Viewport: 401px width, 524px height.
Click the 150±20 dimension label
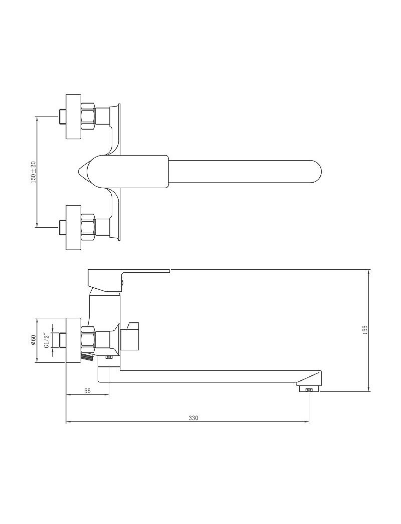pyautogui.click(x=33, y=172)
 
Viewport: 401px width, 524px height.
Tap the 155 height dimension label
pyautogui.click(x=365, y=329)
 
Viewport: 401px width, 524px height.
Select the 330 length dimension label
pyautogui.click(x=193, y=418)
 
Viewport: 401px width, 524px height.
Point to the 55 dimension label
pyautogui.click(x=88, y=391)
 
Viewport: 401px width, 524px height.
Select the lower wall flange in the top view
pyautogui.click(x=74, y=228)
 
